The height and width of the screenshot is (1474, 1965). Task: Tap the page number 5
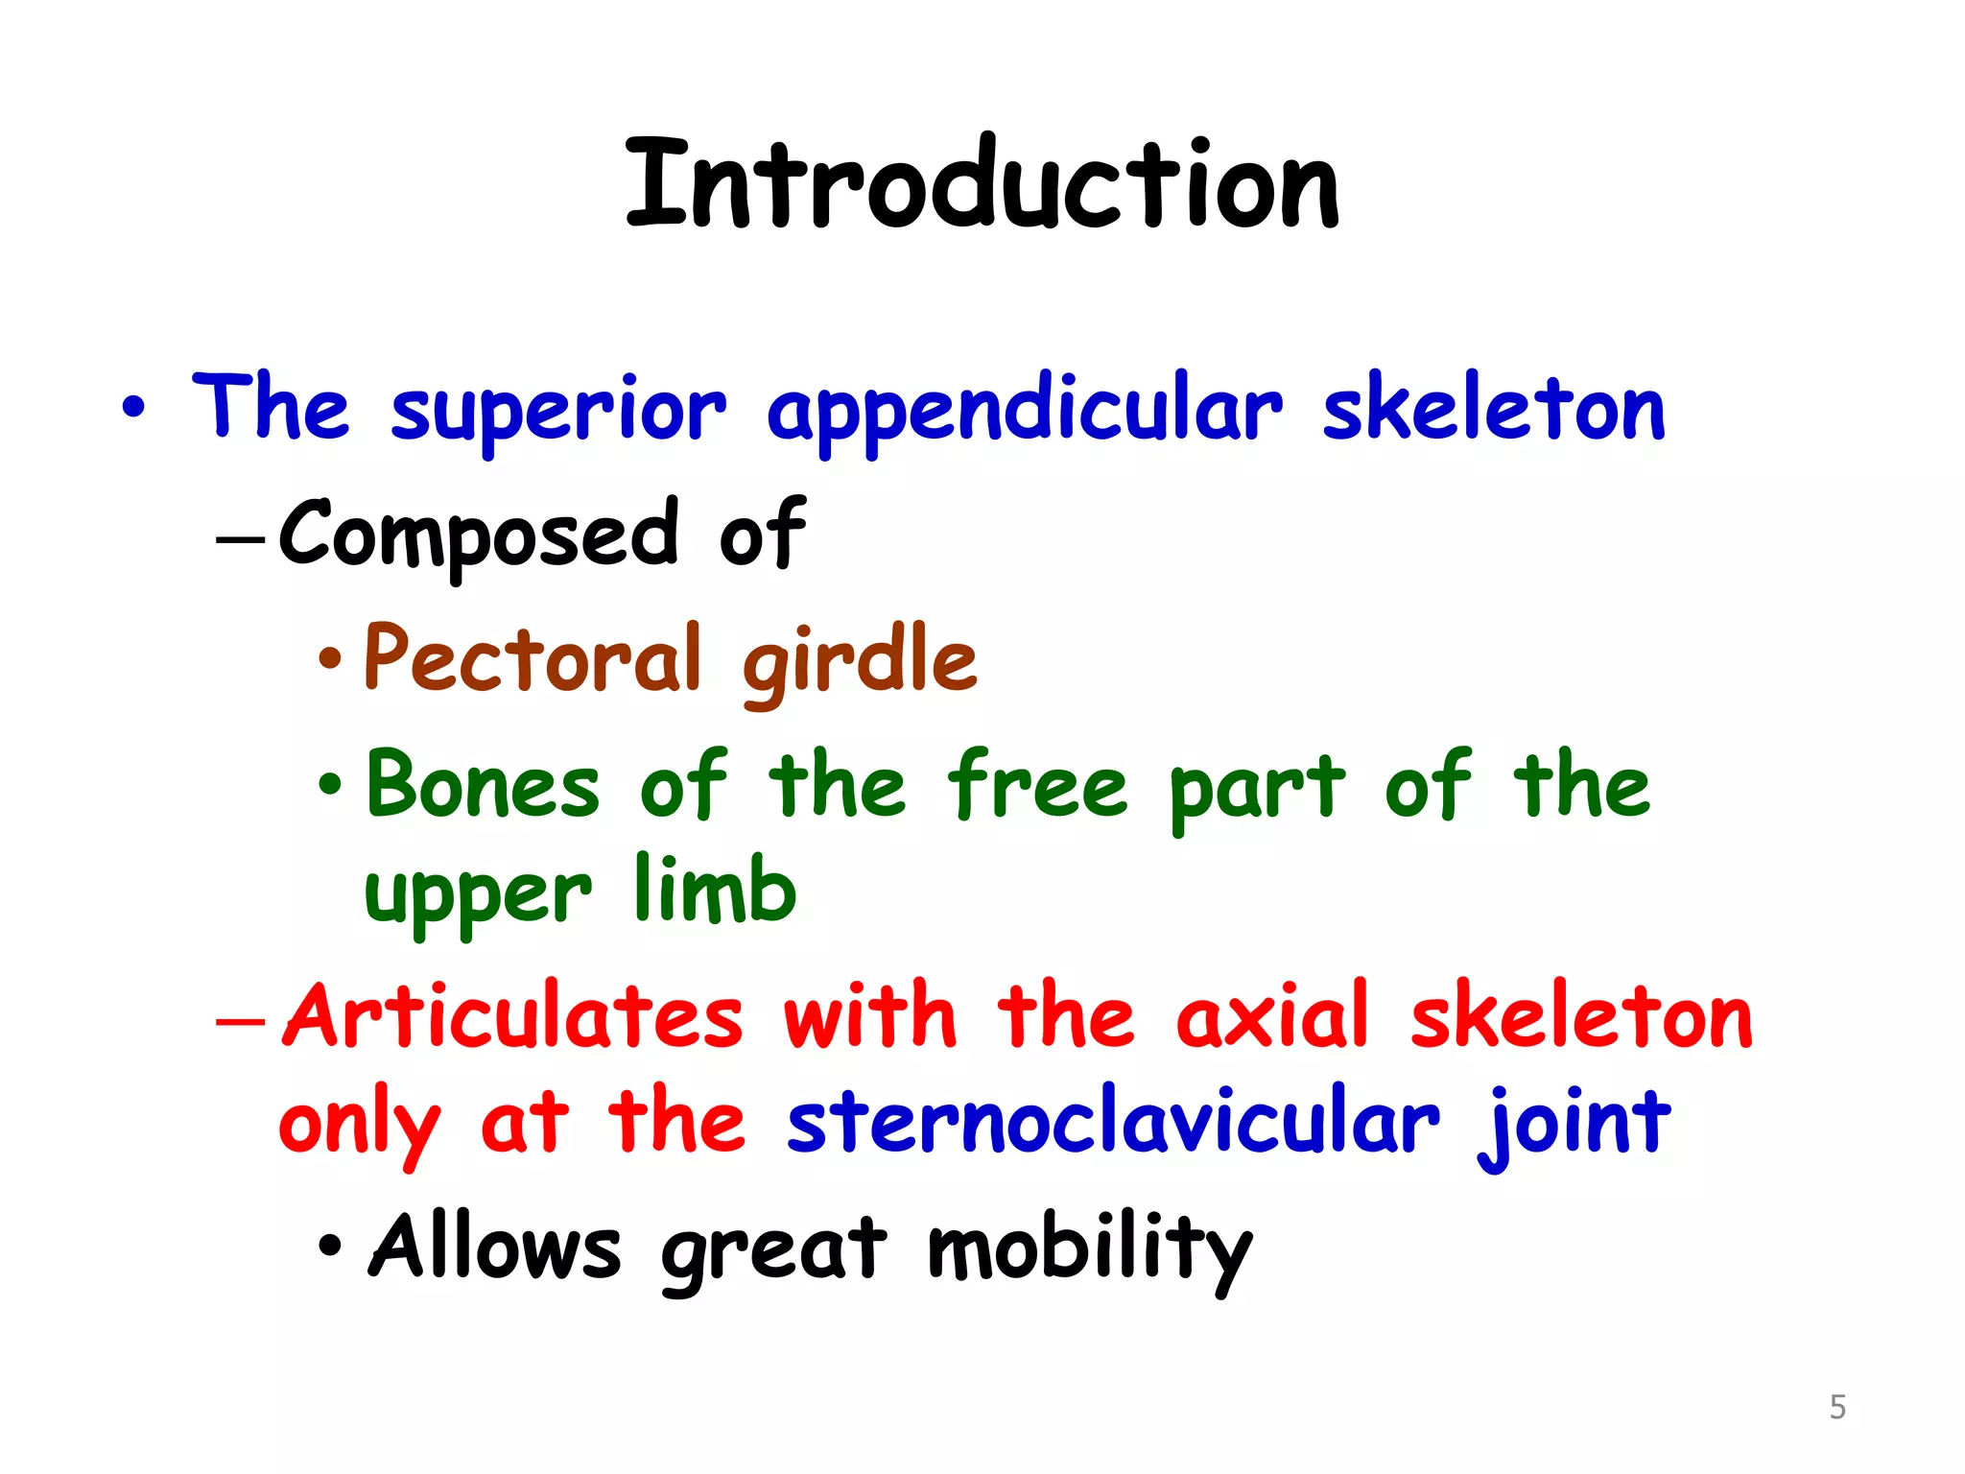pyautogui.click(x=1837, y=1407)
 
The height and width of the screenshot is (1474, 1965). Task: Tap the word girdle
pyautogui.click(x=860, y=662)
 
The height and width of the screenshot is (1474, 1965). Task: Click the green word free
pyautogui.click(x=1037, y=787)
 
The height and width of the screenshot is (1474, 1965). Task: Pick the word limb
pyautogui.click(x=715, y=891)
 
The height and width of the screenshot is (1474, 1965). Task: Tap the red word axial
pyautogui.click(x=1272, y=1017)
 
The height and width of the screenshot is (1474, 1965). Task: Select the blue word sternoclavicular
pyautogui.click(x=1113, y=1123)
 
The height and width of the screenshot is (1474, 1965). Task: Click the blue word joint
pyautogui.click(x=1574, y=1125)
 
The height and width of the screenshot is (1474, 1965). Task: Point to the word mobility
pyautogui.click(x=1090, y=1249)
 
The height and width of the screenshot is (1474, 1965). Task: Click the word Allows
pyautogui.click(x=495, y=1248)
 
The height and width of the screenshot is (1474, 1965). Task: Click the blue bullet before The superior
pyautogui.click(x=134, y=408)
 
